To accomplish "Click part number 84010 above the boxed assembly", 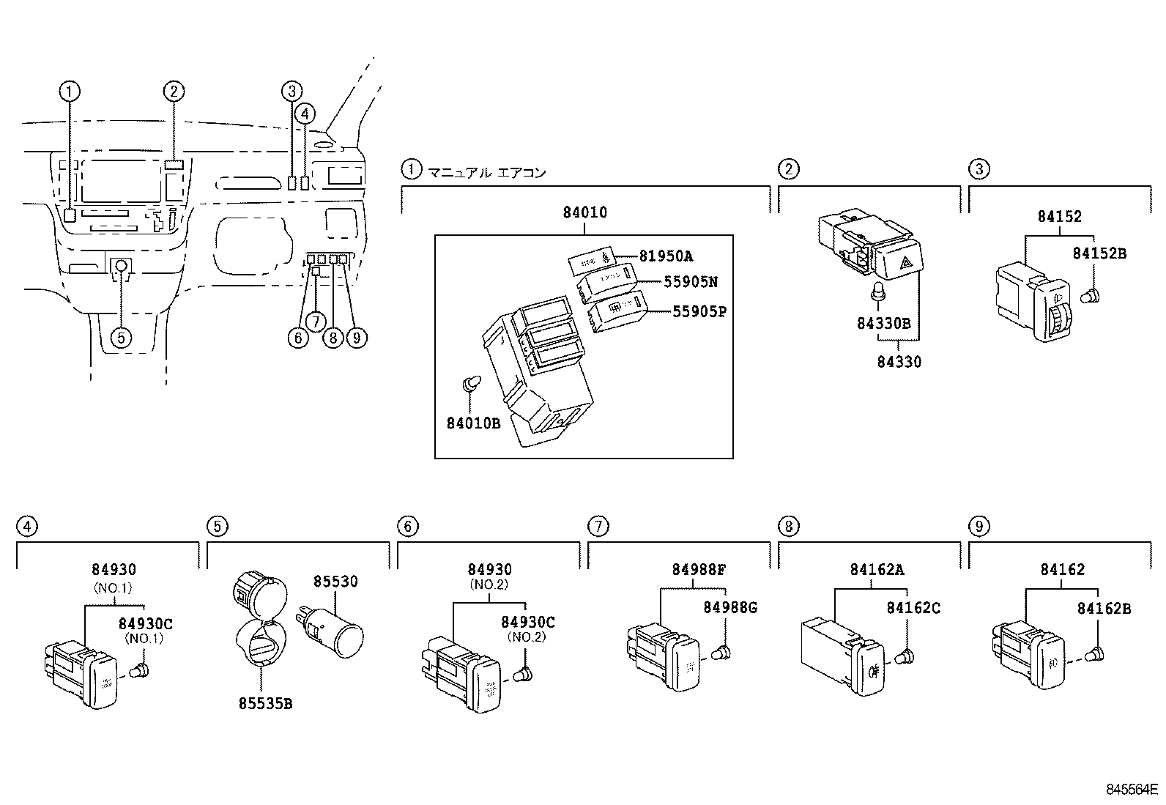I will tap(584, 213).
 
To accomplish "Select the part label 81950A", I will tap(666, 256).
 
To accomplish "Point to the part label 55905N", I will tap(691, 282).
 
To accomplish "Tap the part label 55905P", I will tap(699, 311).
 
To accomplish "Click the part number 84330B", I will tap(883, 323).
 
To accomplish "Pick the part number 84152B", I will tap(1099, 253).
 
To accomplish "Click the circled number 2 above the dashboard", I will tap(173, 92).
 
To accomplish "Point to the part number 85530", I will tap(335, 582).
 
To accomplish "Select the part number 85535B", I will tap(265, 704).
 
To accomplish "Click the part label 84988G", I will tap(730, 607).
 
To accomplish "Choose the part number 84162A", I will tap(877, 570).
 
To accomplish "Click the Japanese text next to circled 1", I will tap(486, 173).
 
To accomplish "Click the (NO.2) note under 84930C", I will tap(527, 637).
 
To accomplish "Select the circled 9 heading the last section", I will tap(978, 526).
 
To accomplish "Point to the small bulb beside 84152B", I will tap(1089, 297).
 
